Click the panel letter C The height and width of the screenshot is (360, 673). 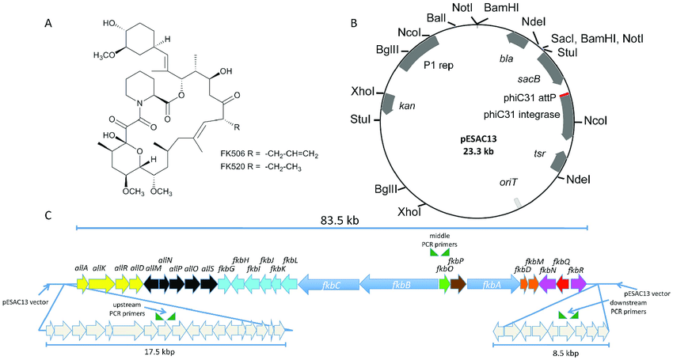(x=50, y=215)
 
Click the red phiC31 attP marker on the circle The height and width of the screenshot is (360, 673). (x=564, y=95)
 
